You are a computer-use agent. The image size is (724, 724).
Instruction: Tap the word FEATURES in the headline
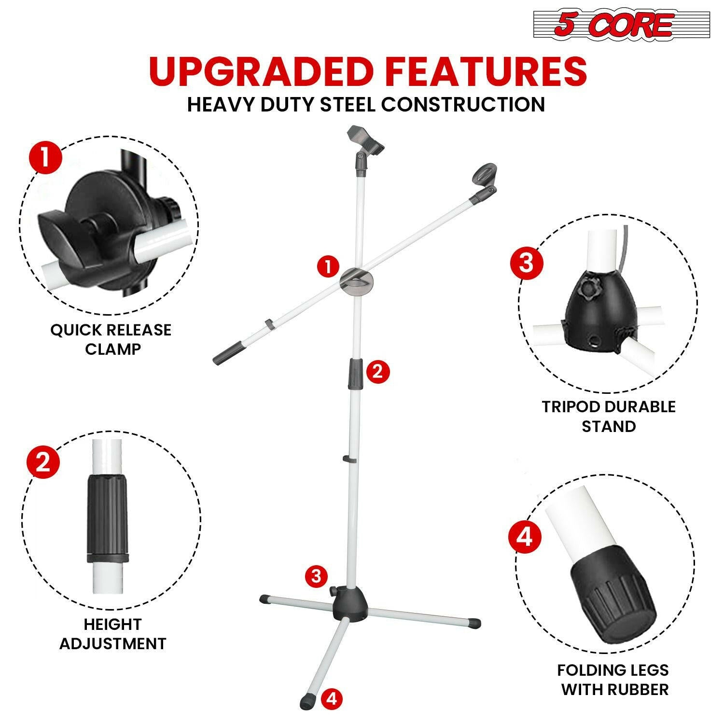[485, 71]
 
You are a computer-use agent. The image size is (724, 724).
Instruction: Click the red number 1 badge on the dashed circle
[45, 158]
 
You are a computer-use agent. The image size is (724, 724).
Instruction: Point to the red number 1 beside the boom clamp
[329, 266]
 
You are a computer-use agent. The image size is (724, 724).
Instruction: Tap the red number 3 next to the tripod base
[316, 576]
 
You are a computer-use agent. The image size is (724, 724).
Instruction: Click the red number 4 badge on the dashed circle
[525, 537]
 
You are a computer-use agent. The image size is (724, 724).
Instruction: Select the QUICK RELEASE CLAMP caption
[111, 339]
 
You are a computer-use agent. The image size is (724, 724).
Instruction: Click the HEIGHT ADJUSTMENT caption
[112, 634]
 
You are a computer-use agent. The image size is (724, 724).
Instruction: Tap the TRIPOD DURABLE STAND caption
[608, 417]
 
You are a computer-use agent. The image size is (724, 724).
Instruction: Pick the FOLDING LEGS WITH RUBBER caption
[613, 680]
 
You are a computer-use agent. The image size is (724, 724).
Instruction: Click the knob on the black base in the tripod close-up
[588, 290]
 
